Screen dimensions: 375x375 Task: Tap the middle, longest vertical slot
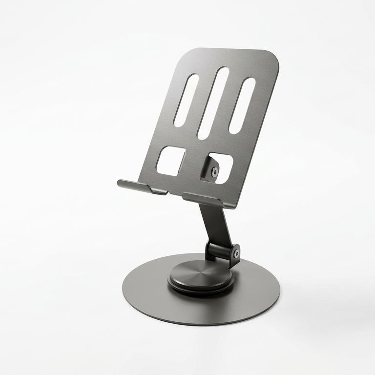213,103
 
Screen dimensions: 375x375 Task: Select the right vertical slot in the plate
242,105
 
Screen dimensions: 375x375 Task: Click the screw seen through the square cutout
214,171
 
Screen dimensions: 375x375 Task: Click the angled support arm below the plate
213,222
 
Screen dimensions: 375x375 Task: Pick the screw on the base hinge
236,253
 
